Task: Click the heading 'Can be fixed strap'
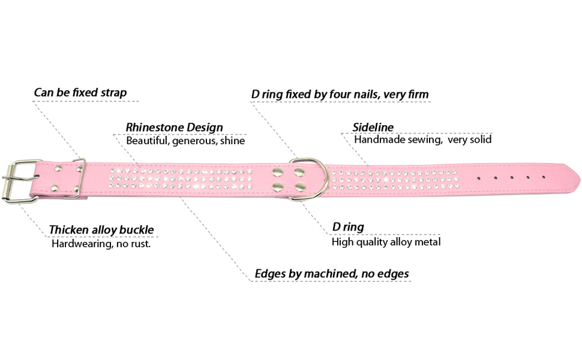click(x=80, y=94)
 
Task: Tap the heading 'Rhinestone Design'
click(x=174, y=127)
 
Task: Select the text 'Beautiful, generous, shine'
click(x=185, y=140)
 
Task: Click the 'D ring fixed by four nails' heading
click(x=340, y=94)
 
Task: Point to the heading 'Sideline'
click(x=373, y=127)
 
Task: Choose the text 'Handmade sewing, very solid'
click(x=422, y=140)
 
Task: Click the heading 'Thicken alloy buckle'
click(x=101, y=230)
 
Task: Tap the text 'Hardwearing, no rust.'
click(x=100, y=244)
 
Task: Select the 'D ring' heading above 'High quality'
click(x=348, y=227)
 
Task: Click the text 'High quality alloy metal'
click(x=386, y=242)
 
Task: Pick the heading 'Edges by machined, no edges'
click(x=332, y=274)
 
